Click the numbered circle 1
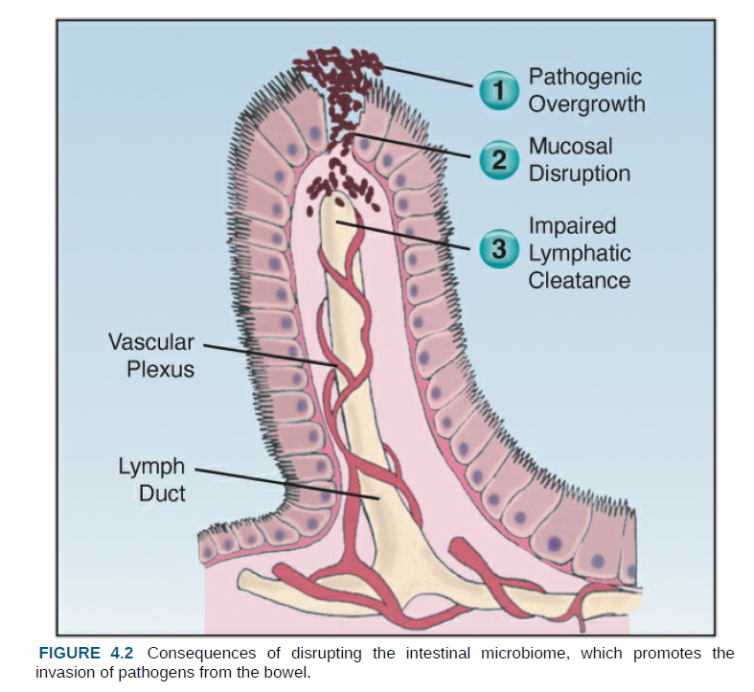[497, 91]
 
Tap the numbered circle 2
[497, 161]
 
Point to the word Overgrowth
[586, 104]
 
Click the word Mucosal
[570, 148]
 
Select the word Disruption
[579, 173]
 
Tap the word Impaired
[572, 226]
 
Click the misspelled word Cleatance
[579, 280]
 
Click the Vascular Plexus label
[150, 355]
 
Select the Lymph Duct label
[151, 481]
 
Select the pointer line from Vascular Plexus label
[268, 355]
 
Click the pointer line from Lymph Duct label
[287, 484]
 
